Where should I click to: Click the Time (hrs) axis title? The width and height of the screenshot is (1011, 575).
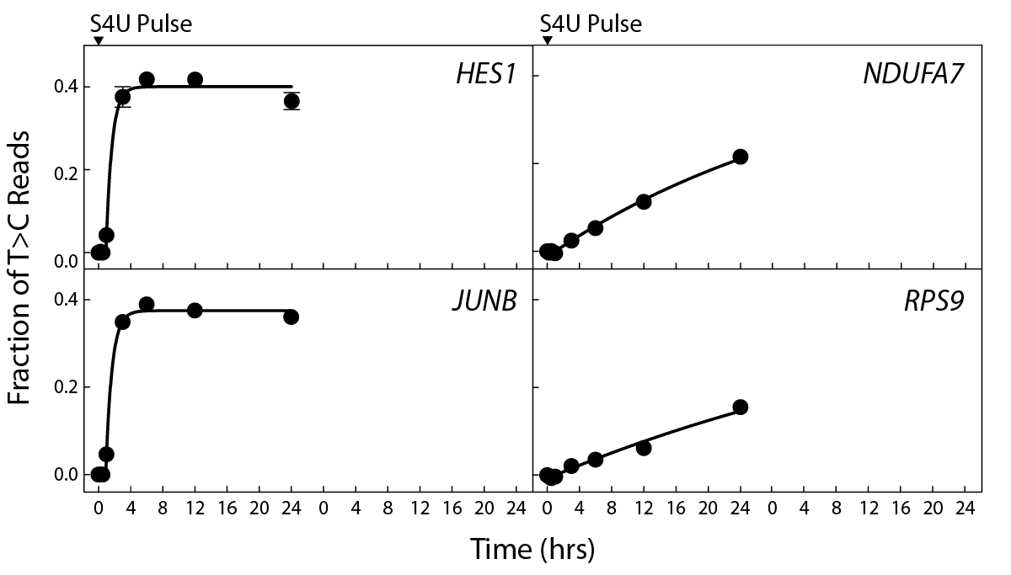(532, 549)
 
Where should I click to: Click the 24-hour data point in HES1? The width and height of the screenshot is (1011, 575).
(292, 101)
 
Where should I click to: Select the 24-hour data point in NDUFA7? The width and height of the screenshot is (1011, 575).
(741, 157)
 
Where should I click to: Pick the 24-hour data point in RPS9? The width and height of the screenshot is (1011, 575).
(741, 407)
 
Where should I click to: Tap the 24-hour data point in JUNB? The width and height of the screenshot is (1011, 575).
(292, 317)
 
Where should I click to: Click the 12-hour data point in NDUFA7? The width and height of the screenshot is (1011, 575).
(644, 201)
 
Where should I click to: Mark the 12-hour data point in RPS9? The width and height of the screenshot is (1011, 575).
(644, 448)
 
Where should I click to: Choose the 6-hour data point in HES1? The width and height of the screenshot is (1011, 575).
(147, 79)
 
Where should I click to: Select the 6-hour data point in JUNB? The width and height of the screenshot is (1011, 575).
(147, 304)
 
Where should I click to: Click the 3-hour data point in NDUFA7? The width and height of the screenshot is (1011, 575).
(571, 241)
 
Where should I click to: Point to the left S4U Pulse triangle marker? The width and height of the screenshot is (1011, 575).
(98, 41)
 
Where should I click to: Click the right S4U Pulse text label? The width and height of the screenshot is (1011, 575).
(591, 24)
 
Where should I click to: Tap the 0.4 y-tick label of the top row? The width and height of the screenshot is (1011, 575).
(65, 87)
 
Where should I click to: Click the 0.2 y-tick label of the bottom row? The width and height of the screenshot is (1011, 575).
(65, 387)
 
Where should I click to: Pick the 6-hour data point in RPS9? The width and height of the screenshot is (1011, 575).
(596, 460)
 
